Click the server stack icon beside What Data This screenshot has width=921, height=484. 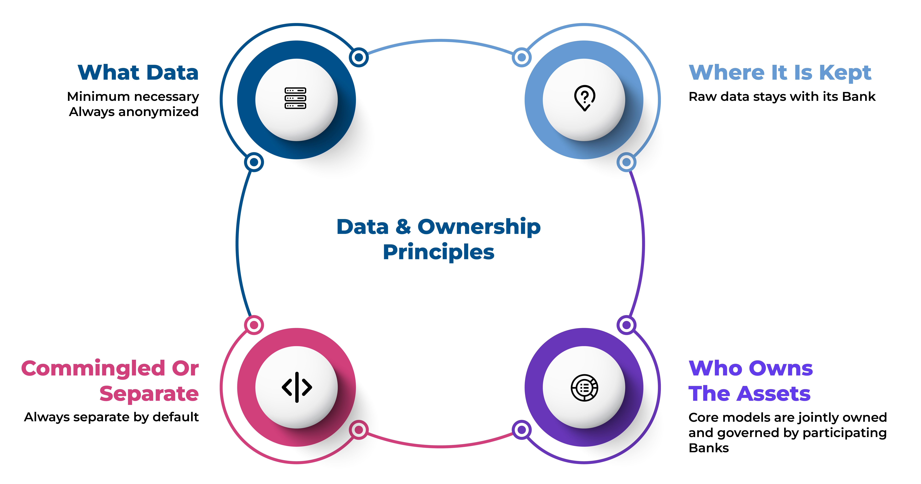(x=295, y=98)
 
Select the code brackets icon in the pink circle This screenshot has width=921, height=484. (x=297, y=387)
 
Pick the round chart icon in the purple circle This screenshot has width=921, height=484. (x=585, y=387)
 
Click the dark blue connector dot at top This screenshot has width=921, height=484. (x=359, y=57)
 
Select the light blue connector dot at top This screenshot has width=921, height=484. (x=522, y=57)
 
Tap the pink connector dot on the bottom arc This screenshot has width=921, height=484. (x=359, y=430)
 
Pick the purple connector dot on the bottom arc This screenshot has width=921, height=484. (x=522, y=430)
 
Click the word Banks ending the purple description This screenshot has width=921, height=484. (x=709, y=448)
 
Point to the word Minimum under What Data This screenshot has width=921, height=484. (x=98, y=97)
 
